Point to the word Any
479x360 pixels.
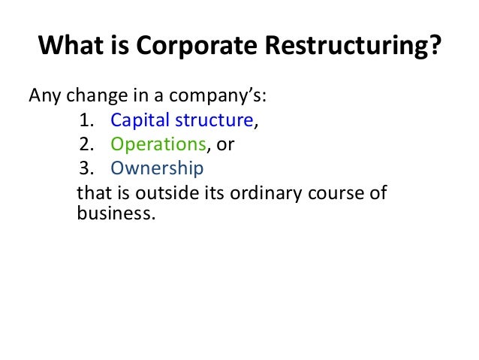click(x=44, y=97)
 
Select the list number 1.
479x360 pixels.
click(x=83, y=120)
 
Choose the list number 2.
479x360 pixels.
click(x=83, y=144)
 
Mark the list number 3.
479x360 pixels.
click(x=83, y=167)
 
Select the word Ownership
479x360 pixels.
click(x=156, y=168)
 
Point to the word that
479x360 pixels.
click(x=92, y=192)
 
